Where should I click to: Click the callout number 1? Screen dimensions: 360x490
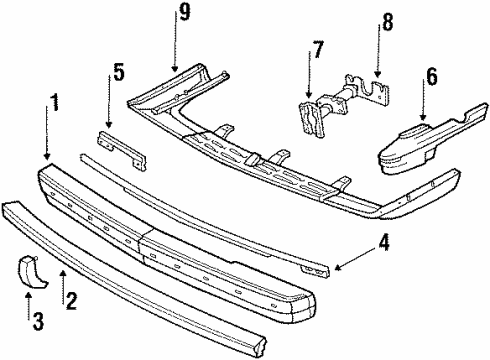coord(56,103)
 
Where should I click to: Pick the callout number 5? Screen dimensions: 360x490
coord(118,72)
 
